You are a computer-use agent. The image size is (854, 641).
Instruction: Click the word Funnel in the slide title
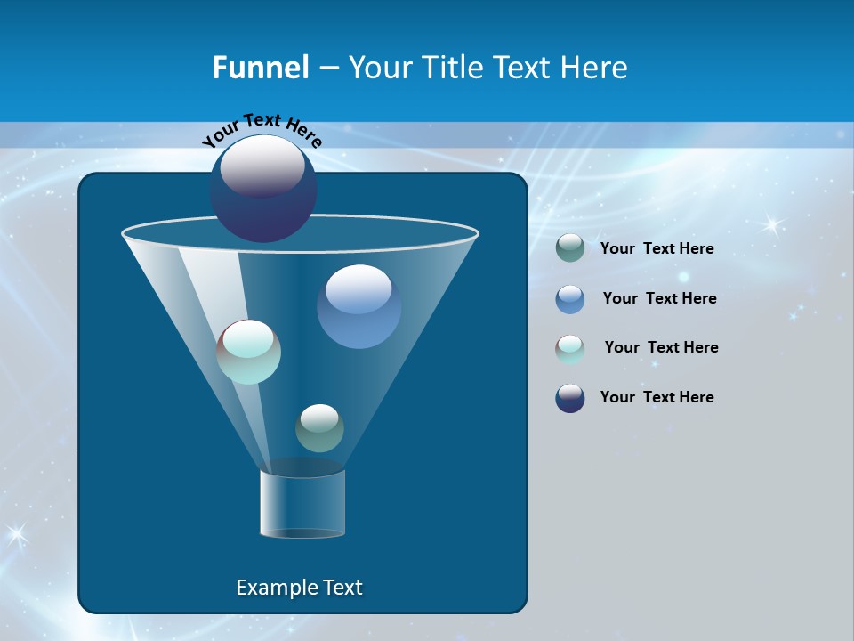pyautogui.click(x=260, y=68)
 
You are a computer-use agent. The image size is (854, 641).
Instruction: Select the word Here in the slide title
pyautogui.click(x=593, y=68)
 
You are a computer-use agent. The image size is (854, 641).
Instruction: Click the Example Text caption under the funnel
pyautogui.click(x=299, y=588)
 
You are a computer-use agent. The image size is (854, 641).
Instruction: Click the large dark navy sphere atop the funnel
pyautogui.click(x=262, y=189)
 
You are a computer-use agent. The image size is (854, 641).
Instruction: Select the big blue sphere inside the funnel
pyautogui.click(x=359, y=306)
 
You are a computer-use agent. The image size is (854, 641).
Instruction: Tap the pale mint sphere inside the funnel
pyautogui.click(x=248, y=352)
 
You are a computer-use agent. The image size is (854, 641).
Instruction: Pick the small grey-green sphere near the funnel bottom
pyautogui.click(x=319, y=428)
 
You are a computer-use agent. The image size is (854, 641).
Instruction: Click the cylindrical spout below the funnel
pyautogui.click(x=302, y=503)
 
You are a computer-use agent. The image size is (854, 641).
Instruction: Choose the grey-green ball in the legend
pyautogui.click(x=570, y=248)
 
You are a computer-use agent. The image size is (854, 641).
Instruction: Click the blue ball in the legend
pyautogui.click(x=570, y=299)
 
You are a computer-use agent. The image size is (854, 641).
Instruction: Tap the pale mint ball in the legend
pyautogui.click(x=570, y=348)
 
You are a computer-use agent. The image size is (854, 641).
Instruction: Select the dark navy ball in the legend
pyautogui.click(x=570, y=398)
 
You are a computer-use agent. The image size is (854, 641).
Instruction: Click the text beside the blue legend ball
pyautogui.click(x=659, y=298)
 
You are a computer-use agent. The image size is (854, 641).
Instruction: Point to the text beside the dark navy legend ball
pyautogui.click(x=657, y=397)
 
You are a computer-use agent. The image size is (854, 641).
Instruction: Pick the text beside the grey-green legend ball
pyautogui.click(x=657, y=248)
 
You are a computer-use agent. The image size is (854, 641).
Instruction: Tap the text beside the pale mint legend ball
pyautogui.click(x=661, y=347)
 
